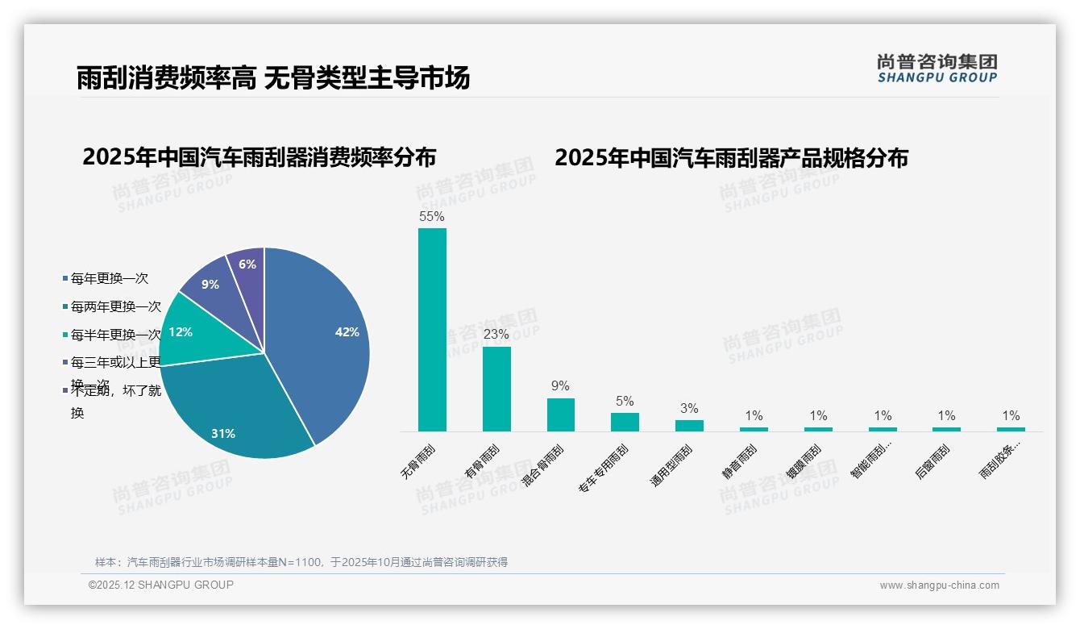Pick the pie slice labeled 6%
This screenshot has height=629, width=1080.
[247, 266]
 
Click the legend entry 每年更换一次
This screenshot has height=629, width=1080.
[109, 279]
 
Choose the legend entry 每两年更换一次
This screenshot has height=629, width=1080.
[115, 306]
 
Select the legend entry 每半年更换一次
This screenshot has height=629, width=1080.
[115, 335]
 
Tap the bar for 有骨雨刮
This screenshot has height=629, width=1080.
[496, 389]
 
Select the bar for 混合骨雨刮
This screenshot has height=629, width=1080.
[561, 414]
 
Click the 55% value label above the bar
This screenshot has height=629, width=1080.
[432, 216]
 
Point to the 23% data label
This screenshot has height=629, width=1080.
[496, 334]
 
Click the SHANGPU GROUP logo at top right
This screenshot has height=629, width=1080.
[937, 69]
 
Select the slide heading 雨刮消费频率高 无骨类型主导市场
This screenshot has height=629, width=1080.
[273, 78]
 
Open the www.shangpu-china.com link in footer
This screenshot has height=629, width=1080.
[939, 585]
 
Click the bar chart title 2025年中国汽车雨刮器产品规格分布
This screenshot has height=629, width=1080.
[731, 158]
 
